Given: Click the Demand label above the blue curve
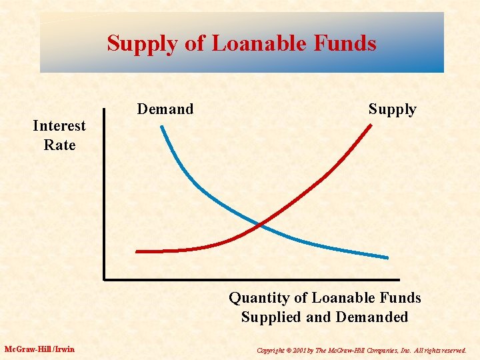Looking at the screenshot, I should [165, 109].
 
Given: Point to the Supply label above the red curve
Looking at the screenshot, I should [392, 109].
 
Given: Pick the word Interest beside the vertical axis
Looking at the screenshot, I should [59, 126].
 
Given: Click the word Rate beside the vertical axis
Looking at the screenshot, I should [59, 145].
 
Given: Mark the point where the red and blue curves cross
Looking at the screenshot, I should [260, 225].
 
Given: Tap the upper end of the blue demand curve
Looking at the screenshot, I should [161, 127].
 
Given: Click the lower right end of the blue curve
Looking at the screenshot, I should [387, 257].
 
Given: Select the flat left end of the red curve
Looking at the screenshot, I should [138, 251].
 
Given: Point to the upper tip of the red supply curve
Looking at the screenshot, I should [370, 125].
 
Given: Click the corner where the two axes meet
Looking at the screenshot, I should [105, 279].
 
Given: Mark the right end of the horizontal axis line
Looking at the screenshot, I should [398, 279].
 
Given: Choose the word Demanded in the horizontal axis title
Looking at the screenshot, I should [375, 317].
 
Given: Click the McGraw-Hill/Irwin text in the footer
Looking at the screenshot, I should [39, 349].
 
